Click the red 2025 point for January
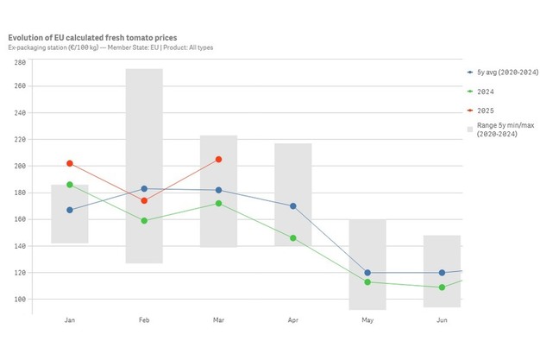pos(70,163)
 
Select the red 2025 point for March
pos(218,160)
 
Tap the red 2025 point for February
pos(144,200)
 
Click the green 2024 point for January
pos(70,185)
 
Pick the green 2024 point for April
pos(293,238)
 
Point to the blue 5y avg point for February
pos(144,188)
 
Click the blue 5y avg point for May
pos(367,273)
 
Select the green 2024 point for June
pos(442,287)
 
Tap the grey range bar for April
pos(293,173)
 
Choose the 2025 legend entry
pos(485,110)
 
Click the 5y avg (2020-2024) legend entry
pos(500,73)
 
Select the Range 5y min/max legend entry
pos(500,129)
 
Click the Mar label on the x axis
pos(218,319)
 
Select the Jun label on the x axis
pos(442,319)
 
